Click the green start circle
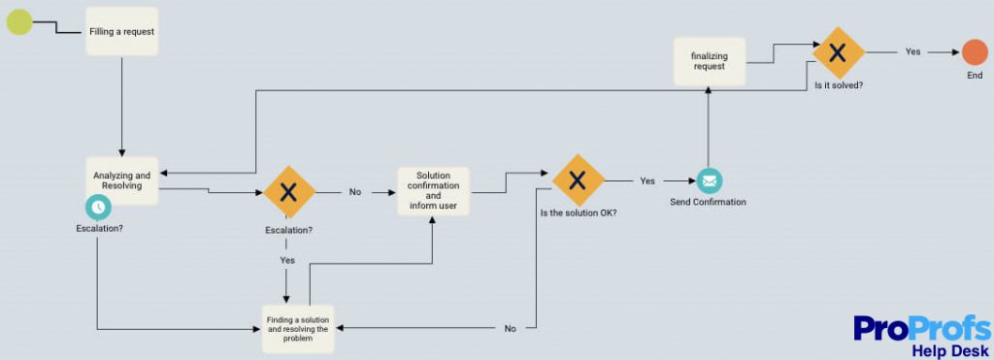20,21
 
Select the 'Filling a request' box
121,31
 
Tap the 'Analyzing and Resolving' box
121,180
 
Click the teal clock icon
98,207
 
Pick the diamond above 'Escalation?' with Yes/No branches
289,191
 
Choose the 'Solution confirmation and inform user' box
433,191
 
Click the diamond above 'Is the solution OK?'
578,180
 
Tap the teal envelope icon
709,180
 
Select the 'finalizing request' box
709,61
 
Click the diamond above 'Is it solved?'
838,52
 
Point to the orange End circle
975,52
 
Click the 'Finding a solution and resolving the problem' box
298,328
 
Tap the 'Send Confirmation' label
708,202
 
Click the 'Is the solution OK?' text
579,213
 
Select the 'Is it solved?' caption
839,85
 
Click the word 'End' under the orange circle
975,75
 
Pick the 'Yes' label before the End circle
912,52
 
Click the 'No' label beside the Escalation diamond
355,192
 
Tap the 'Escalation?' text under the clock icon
99,229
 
